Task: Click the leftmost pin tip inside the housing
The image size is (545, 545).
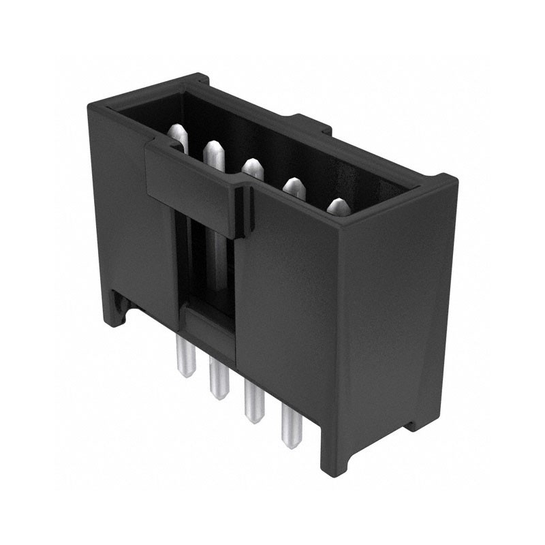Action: (x=176, y=131)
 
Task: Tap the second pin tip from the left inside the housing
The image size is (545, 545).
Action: (x=213, y=149)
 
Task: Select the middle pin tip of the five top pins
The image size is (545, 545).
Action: (x=253, y=166)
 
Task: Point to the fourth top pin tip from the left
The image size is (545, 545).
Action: (x=293, y=184)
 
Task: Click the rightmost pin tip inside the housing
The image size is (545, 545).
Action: (x=337, y=205)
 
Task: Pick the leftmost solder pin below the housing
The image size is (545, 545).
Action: (x=184, y=354)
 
